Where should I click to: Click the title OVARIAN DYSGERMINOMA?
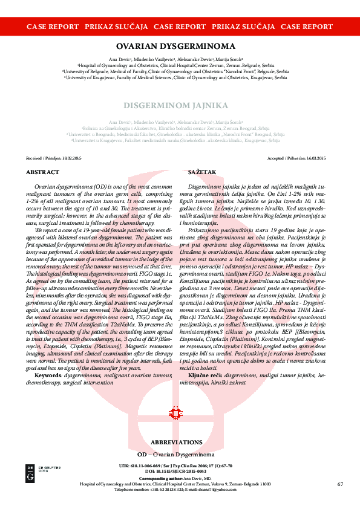point(180,46)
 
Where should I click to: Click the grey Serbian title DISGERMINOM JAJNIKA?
point(180,105)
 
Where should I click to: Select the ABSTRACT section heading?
point(42,172)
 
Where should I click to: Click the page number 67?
point(340,484)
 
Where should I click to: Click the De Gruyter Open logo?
point(34,473)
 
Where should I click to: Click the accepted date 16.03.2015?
point(315,158)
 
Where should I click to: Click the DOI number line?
point(180,470)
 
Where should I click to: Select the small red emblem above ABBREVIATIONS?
point(175,414)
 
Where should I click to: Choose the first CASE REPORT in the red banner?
point(53,27)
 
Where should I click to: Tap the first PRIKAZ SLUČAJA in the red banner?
point(116,27)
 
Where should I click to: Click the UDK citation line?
point(180,465)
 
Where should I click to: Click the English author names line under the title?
point(180,59)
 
